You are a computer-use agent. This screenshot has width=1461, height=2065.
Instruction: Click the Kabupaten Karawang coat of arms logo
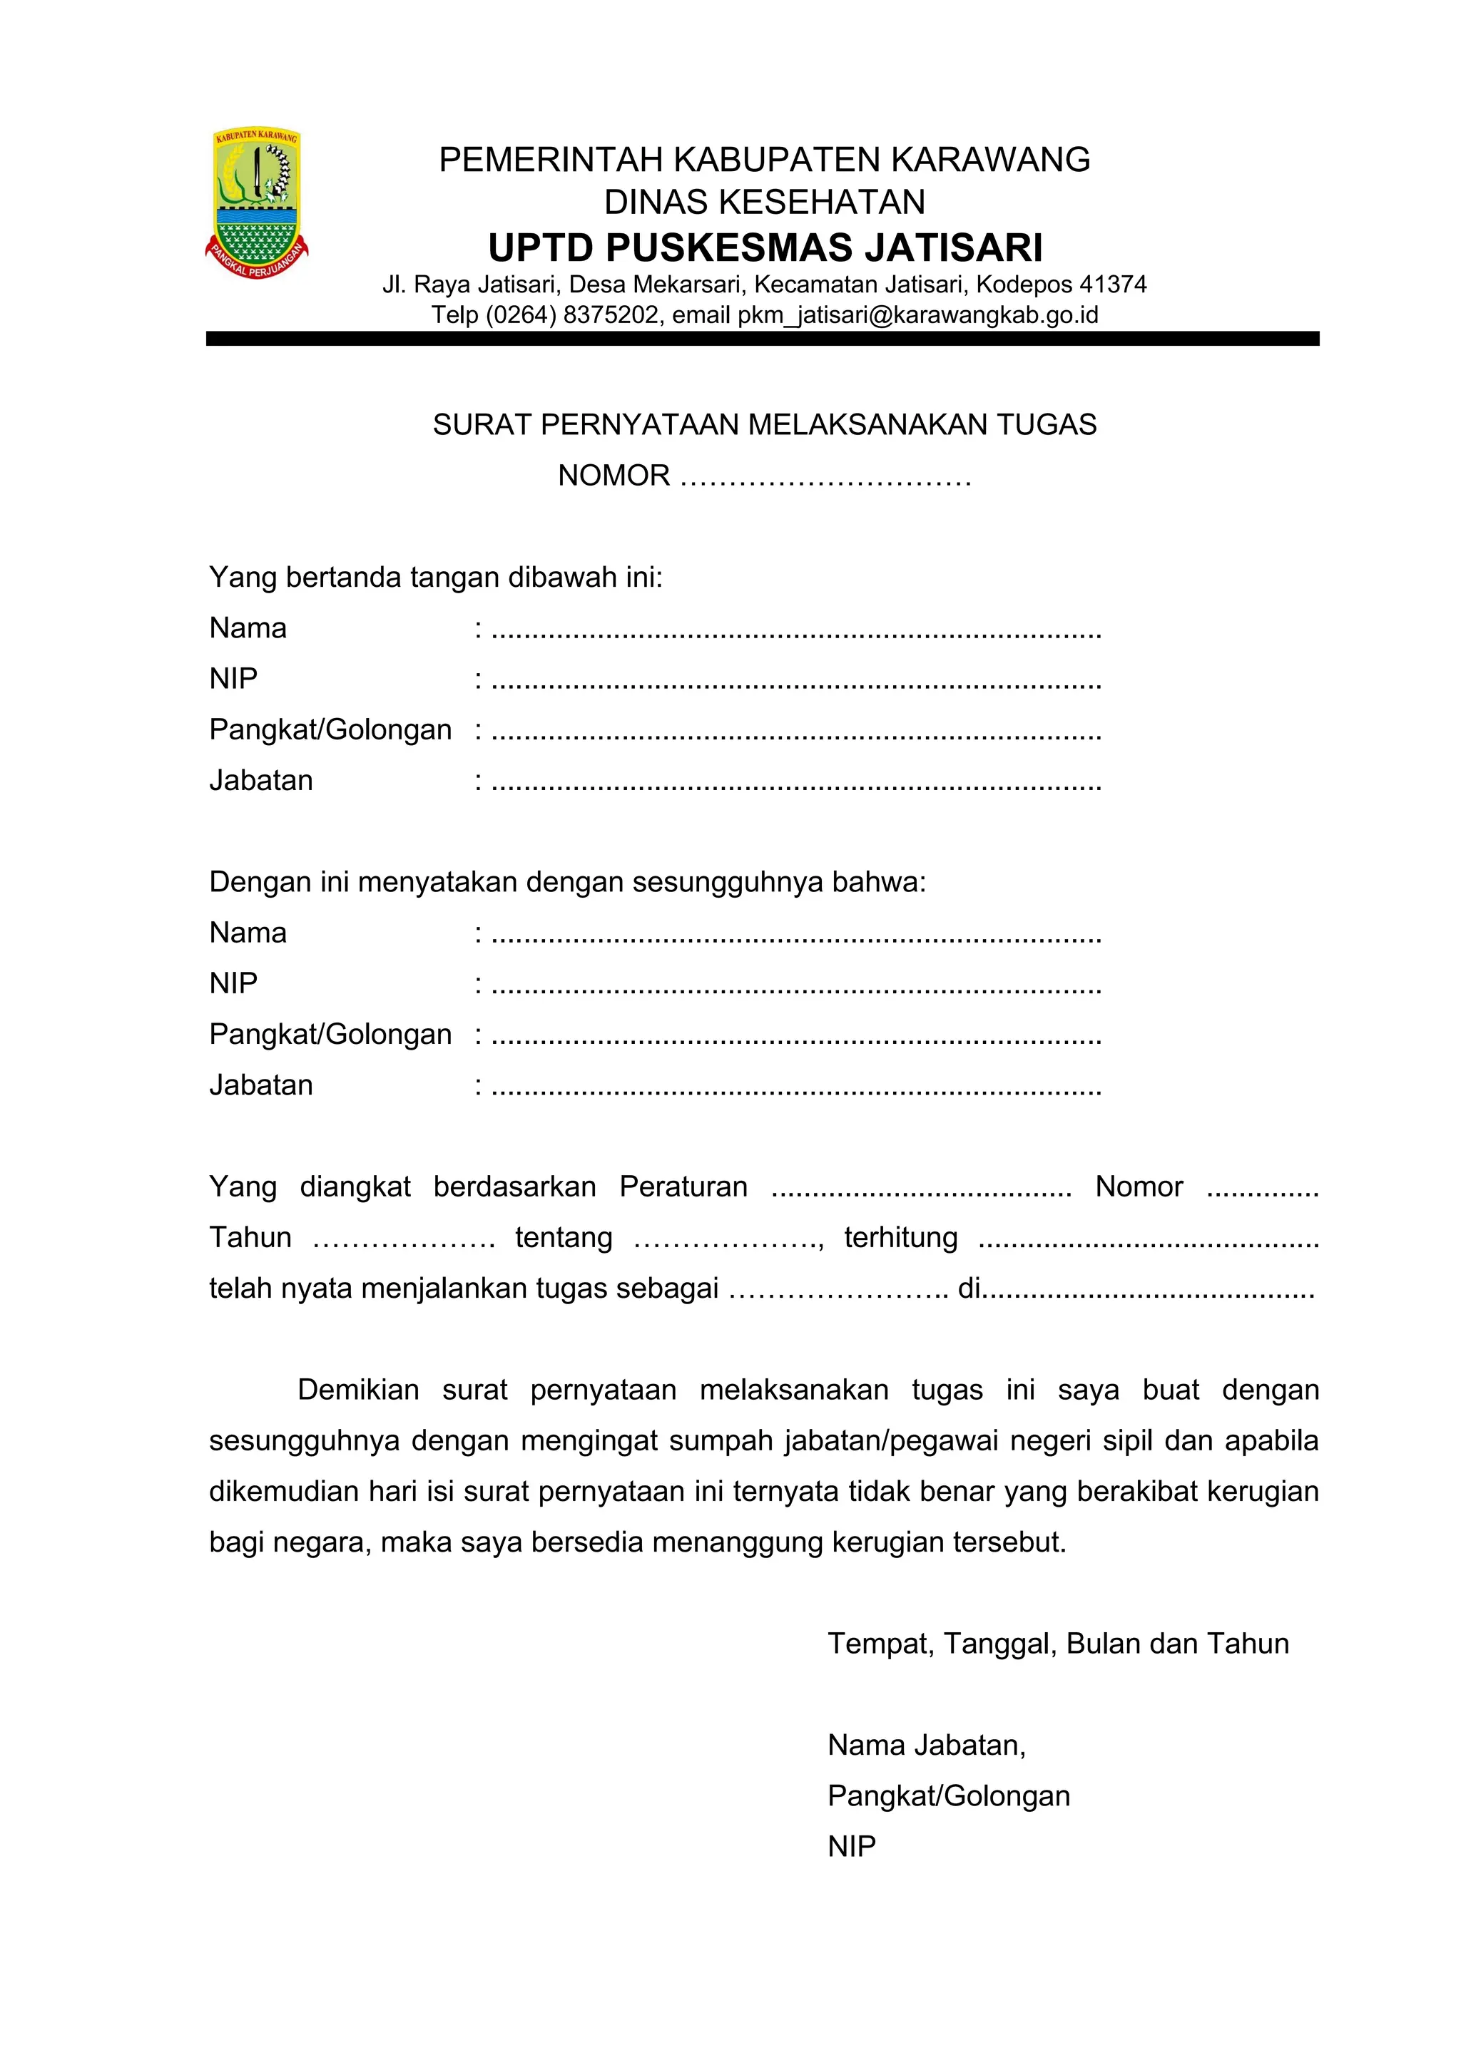(x=256, y=204)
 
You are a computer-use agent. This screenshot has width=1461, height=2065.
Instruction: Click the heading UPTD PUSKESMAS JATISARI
(x=765, y=247)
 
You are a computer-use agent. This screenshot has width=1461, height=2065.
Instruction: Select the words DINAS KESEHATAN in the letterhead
(x=765, y=203)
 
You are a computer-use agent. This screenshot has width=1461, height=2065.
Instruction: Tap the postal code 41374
(x=1113, y=285)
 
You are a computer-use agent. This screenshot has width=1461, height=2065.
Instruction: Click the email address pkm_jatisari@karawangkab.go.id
(x=917, y=314)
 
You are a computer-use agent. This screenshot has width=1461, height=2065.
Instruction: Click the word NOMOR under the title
(x=614, y=475)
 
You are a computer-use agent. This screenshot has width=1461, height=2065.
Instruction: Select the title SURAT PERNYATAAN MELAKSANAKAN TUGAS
(x=765, y=424)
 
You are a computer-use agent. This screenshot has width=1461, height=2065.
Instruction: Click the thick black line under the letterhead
(x=762, y=339)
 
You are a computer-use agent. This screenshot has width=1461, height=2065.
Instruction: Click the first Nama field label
(x=248, y=627)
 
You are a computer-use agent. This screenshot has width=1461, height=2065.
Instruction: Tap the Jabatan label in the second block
(x=261, y=1085)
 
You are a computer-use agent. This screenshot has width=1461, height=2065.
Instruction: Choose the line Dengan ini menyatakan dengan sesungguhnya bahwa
(x=566, y=881)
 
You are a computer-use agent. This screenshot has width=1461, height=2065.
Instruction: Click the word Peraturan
(x=683, y=1187)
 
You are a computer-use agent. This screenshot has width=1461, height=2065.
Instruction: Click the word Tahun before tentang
(x=250, y=1238)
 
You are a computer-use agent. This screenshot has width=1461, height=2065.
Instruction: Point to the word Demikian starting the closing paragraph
(x=358, y=1390)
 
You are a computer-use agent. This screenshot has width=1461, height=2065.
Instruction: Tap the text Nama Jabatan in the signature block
(x=926, y=1746)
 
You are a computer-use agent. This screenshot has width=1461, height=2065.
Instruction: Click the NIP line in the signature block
(x=851, y=1846)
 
